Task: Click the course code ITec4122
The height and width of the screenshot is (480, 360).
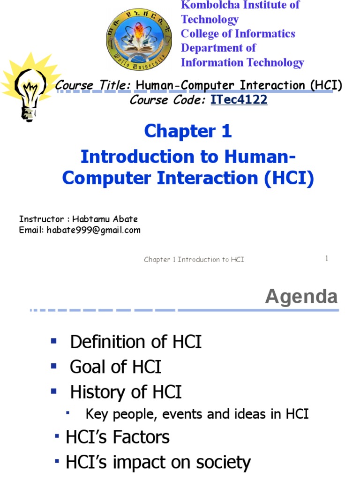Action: pos(239,100)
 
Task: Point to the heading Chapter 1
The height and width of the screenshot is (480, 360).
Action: pos(188,132)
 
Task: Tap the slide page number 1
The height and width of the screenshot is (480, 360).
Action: pos(326,258)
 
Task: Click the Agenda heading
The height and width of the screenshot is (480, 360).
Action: pos(301,297)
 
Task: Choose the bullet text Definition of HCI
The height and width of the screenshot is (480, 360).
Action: pos(135,342)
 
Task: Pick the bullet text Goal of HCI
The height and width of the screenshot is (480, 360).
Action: pos(115,367)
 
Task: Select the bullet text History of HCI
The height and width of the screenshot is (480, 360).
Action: pos(126,392)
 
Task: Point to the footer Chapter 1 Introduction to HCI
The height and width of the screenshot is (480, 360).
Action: pos(194,259)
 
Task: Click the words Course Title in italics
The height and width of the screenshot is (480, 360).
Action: pos(93,85)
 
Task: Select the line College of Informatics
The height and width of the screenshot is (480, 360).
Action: pos(238,34)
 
